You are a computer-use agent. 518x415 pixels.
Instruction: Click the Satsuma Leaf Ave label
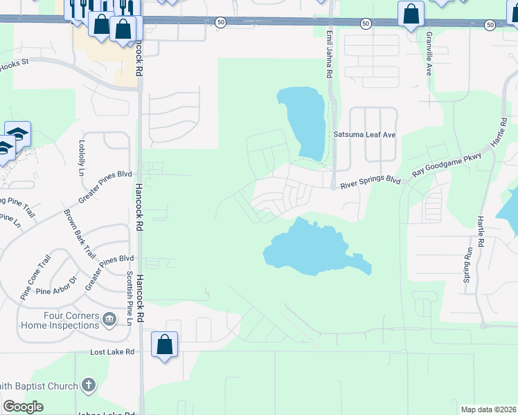(364, 135)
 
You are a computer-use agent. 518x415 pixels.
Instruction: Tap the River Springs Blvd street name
(370, 181)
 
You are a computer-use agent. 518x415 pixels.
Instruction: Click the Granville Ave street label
(429, 56)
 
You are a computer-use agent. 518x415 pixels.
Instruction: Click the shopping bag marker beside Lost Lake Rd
(165, 344)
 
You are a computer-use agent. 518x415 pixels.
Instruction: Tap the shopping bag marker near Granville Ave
(411, 14)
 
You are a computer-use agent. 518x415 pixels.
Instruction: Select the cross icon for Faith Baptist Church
(88, 385)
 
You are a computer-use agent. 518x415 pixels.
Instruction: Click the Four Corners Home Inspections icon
(109, 319)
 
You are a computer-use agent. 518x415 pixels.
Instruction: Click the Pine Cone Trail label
(35, 277)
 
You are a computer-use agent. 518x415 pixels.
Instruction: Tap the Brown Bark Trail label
(80, 234)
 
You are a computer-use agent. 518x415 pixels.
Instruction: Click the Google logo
(23, 407)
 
